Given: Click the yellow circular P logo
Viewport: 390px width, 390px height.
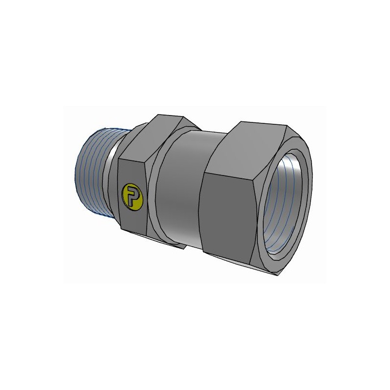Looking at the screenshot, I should [x=131, y=195].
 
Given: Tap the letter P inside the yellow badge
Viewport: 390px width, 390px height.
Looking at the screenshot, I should [x=131, y=196].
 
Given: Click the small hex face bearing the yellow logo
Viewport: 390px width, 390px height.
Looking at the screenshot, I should [x=133, y=195].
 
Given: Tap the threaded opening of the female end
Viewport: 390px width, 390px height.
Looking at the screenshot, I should [x=285, y=205].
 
